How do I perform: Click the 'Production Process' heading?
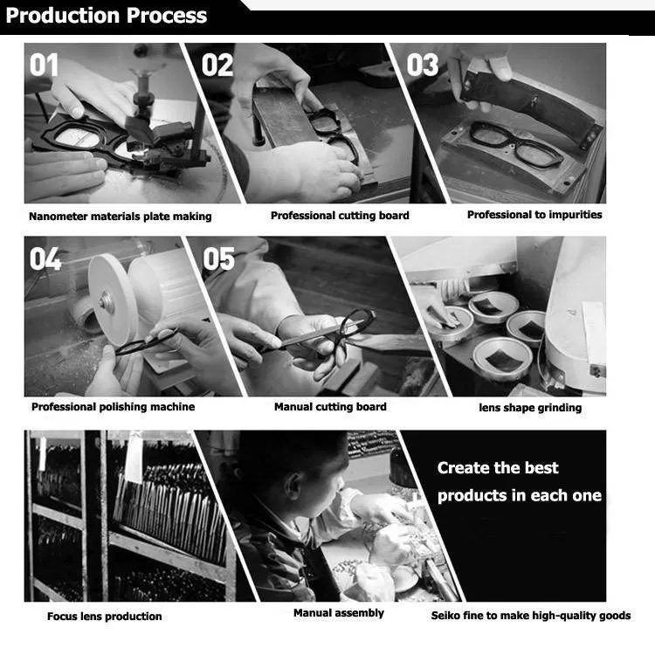pyautogui.click(x=107, y=16)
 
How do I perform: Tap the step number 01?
pyautogui.click(x=45, y=65)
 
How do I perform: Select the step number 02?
pyautogui.click(x=218, y=65)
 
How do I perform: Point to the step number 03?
pyautogui.click(x=423, y=65)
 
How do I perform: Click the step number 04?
pyautogui.click(x=45, y=259)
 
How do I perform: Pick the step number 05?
pyautogui.click(x=219, y=259)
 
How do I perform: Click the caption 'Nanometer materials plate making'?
pyautogui.click(x=120, y=217)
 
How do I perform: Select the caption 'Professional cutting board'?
pyautogui.click(x=340, y=216)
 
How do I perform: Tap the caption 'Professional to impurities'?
pyautogui.click(x=534, y=215)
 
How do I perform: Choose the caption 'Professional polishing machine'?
pyautogui.click(x=114, y=407)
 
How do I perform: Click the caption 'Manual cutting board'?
pyautogui.click(x=330, y=407)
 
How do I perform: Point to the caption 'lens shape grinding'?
pyautogui.click(x=530, y=408)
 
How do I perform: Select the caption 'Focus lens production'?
pyautogui.click(x=105, y=617)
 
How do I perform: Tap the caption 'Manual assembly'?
pyautogui.click(x=338, y=613)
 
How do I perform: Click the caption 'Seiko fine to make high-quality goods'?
pyautogui.click(x=531, y=616)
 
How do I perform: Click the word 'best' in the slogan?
pyautogui.click(x=541, y=468)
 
